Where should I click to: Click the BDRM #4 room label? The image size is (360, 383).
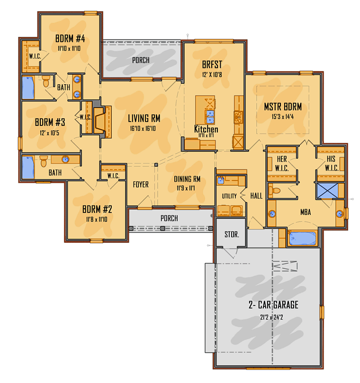[x=70, y=38]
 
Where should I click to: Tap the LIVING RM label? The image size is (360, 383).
[x=144, y=118]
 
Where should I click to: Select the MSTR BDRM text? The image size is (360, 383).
[x=283, y=107]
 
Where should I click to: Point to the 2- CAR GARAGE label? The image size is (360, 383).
[x=274, y=305]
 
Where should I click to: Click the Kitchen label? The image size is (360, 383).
[x=206, y=129]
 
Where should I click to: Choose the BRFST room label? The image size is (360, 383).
[x=212, y=65]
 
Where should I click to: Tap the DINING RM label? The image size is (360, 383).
[x=187, y=179]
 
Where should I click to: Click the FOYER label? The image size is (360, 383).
[x=141, y=184]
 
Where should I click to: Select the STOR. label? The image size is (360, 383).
[x=232, y=234]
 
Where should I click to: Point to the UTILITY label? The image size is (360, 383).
[x=229, y=196]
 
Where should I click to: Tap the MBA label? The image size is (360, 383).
[x=306, y=213]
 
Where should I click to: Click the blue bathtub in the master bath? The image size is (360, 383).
[x=303, y=238]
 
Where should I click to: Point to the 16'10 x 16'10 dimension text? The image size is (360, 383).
[x=144, y=128]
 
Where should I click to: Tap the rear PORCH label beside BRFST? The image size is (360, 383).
[x=141, y=60]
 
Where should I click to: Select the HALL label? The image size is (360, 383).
[x=256, y=196]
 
